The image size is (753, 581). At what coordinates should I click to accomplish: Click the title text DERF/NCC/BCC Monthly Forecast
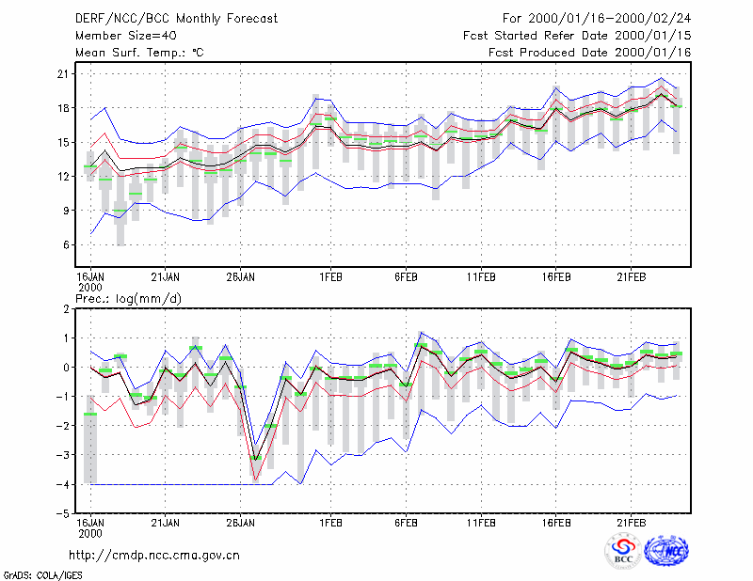[x=176, y=19]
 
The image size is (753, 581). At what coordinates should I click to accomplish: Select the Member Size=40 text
[x=126, y=36]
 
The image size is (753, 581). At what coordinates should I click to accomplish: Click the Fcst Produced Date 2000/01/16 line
[x=590, y=53]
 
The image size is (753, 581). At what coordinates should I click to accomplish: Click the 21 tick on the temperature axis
[x=63, y=74]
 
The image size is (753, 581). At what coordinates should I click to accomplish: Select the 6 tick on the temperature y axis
[x=66, y=244]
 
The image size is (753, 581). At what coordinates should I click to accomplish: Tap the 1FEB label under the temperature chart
[x=330, y=277]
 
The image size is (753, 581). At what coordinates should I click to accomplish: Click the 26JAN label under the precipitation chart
[x=240, y=523]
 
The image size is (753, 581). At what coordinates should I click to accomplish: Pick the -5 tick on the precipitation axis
[x=63, y=513]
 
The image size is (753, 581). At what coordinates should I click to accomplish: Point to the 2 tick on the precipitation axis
[x=66, y=309]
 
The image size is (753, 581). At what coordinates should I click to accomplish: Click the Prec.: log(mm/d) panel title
[x=128, y=299]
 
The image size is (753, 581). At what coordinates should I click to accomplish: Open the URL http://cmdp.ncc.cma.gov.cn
[x=154, y=555]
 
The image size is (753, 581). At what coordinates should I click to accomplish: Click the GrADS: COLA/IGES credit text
[x=42, y=575]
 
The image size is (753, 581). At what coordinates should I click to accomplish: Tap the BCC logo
[x=623, y=551]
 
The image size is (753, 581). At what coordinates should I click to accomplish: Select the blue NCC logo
[x=666, y=551]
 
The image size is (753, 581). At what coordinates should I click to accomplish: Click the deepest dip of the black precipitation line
[x=255, y=460]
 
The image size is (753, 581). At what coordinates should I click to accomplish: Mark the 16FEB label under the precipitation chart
[x=556, y=523]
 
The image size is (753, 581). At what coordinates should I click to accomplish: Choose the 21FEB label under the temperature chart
[x=631, y=277]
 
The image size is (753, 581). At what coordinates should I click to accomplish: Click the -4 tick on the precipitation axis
[x=63, y=484]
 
